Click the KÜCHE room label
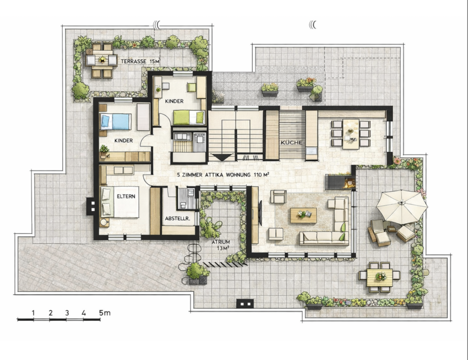pyautogui.click(x=291, y=143)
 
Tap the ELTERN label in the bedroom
pyautogui.click(x=126, y=196)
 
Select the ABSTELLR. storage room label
pyautogui.click(x=177, y=219)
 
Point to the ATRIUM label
pyautogui.click(x=221, y=242)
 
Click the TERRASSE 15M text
pyautogui.click(x=140, y=62)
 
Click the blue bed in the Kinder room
pyautogui.click(x=116, y=121)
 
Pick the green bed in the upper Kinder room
pyautogui.click(x=189, y=117)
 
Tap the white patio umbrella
pyautogui.click(x=401, y=207)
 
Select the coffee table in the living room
pyautogui.click(x=304, y=216)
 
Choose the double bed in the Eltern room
pyautogui.click(x=120, y=202)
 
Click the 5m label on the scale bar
pyautogui.click(x=105, y=313)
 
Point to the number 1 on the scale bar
pyautogui.click(x=33, y=313)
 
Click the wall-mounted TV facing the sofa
pyautogui.click(x=260, y=213)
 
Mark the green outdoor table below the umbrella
pyautogui.click(x=380, y=277)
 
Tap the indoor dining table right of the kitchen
pyautogui.click(x=351, y=134)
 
